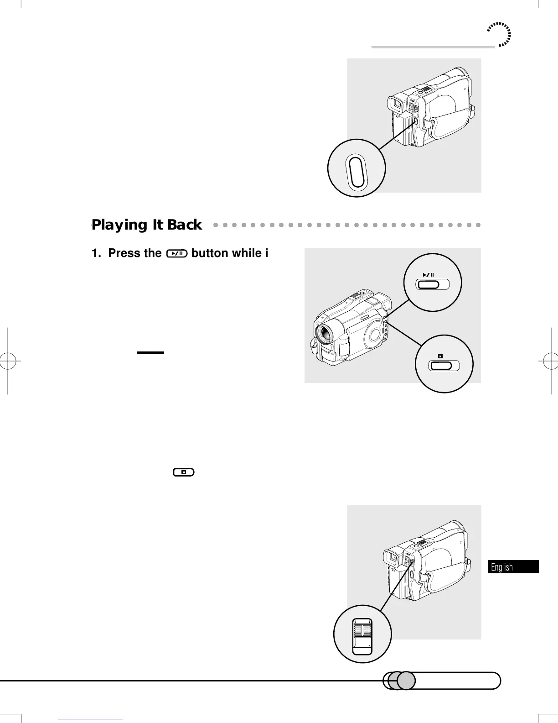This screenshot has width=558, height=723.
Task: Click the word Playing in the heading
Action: (x=119, y=225)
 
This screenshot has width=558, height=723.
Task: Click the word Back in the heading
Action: (x=184, y=225)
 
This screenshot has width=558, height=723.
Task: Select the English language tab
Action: (x=513, y=567)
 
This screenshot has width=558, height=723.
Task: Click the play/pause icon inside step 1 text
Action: (x=177, y=253)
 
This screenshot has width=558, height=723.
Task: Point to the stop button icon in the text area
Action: (x=183, y=472)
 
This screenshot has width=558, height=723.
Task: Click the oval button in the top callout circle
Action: (x=356, y=172)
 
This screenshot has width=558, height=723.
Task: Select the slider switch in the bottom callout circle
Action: (x=362, y=636)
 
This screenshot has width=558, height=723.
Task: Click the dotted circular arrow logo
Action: (x=499, y=35)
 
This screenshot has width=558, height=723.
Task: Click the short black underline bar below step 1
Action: (x=150, y=352)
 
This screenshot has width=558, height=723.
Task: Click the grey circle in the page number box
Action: (x=405, y=681)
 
